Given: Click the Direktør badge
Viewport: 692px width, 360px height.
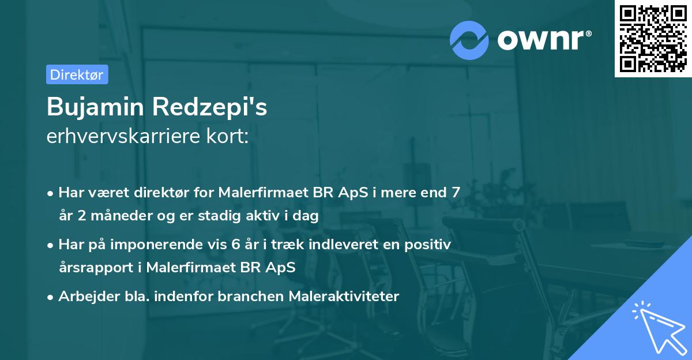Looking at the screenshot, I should click(x=77, y=74).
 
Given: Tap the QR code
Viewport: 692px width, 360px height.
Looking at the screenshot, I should click(x=653, y=39).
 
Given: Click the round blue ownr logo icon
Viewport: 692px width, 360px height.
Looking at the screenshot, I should click(x=469, y=40).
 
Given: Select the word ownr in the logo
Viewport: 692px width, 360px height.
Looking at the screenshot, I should click(x=541, y=40).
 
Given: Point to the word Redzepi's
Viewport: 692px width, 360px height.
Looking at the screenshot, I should click(x=213, y=107).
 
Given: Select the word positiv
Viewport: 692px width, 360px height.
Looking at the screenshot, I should click(x=427, y=245).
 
